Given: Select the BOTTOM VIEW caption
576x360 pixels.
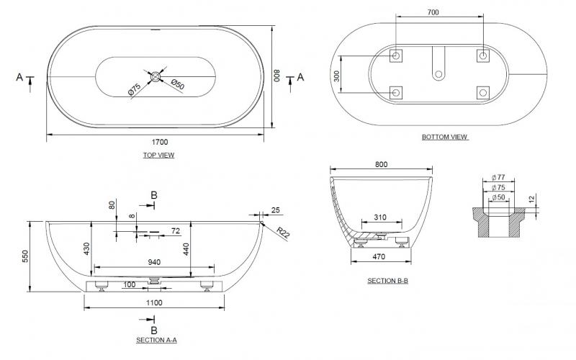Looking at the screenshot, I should tap(445, 137).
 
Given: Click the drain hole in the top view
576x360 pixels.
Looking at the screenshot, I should tap(156, 76).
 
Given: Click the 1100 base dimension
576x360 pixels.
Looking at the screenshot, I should tap(153, 302).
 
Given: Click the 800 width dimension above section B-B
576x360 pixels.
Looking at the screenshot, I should tap(381, 164).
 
